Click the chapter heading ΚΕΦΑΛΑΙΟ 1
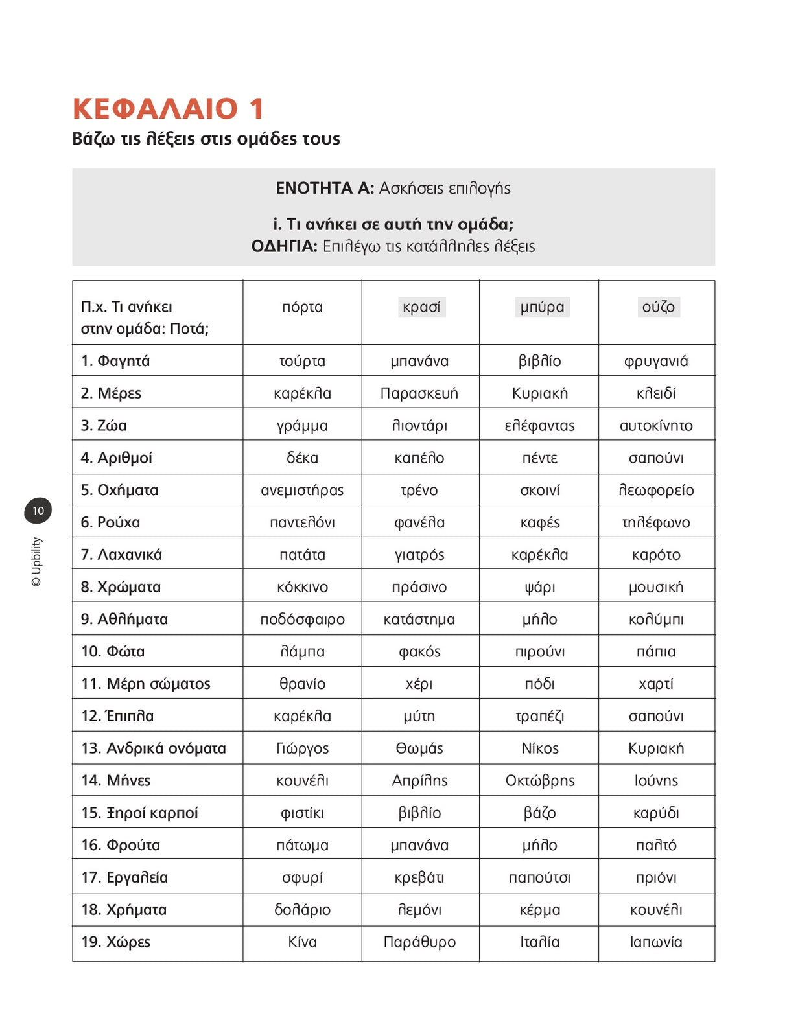tap(169, 109)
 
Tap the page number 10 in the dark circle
tap(38, 511)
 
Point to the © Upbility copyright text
tap(36, 561)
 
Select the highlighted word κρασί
tap(421, 307)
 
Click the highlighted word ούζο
tap(658, 307)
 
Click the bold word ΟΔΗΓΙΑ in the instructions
tap(284, 246)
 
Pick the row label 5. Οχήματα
tap(119, 490)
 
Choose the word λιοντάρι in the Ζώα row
tap(419, 426)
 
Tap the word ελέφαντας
tap(539, 426)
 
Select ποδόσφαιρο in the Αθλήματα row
tap(302, 620)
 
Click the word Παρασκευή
tap(419, 393)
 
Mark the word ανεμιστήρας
tap(302, 490)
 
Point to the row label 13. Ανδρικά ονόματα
tap(154, 748)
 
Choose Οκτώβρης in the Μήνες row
tap(540, 781)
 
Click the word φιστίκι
tap(302, 813)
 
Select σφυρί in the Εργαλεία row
tap(302, 877)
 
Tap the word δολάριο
tap(302, 910)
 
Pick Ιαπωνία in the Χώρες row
tap(656, 942)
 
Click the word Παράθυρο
tap(419, 942)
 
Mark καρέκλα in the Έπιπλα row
tap(302, 716)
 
